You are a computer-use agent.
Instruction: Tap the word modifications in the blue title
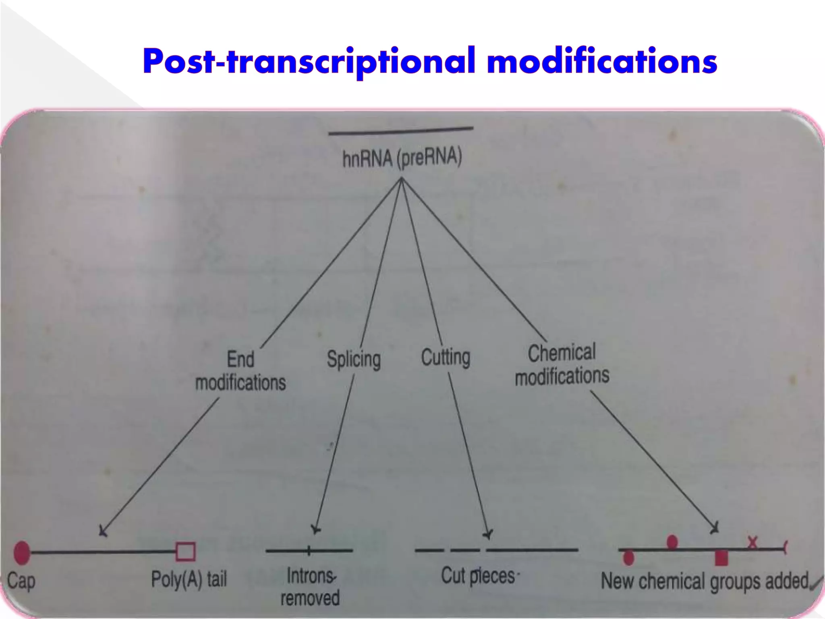pyautogui.click(x=602, y=61)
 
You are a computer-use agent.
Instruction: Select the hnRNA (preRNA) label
pyautogui.click(x=402, y=158)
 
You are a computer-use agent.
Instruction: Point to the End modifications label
pyautogui.click(x=240, y=371)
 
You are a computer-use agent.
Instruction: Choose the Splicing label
pyautogui.click(x=354, y=359)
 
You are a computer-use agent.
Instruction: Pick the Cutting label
pyautogui.click(x=446, y=357)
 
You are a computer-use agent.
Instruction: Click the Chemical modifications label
pyautogui.click(x=562, y=365)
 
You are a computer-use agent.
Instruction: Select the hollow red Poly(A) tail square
pyautogui.click(x=186, y=552)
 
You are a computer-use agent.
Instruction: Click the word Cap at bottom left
pyautogui.click(x=21, y=582)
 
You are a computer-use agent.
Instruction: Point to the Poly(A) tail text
pyautogui.click(x=189, y=580)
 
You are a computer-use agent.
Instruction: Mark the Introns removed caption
pyautogui.click(x=310, y=587)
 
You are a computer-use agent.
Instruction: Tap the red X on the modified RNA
pyautogui.click(x=752, y=542)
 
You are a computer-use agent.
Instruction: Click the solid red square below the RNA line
pyautogui.click(x=721, y=559)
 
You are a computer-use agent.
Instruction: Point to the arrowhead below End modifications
pyautogui.click(x=103, y=532)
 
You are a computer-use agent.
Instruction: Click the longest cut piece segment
pyautogui.click(x=532, y=550)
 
